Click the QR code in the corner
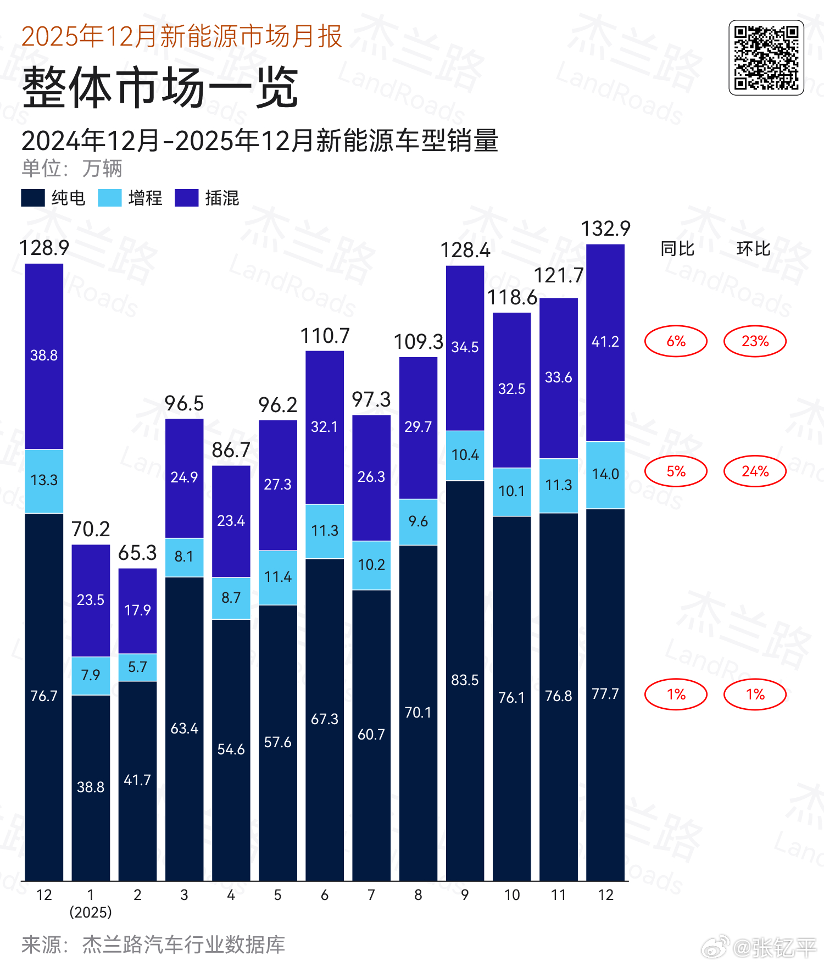coord(766,58)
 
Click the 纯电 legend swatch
coord(32,198)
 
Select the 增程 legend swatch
coord(109,198)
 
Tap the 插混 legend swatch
coord(186,198)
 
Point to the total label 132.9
coord(605,229)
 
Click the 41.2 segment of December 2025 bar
coord(605,342)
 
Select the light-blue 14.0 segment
coord(605,474)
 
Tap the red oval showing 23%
coord(755,341)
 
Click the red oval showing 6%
coord(676,341)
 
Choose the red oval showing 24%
coord(755,471)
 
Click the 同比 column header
coord(677,249)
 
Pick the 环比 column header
coord(753,249)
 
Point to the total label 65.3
coord(137,553)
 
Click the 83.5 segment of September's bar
coord(465,680)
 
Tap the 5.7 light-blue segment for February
coord(137,667)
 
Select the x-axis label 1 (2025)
coord(91,903)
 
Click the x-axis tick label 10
coord(511,895)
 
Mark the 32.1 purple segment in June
coord(325,427)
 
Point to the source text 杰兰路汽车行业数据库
coord(183,945)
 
